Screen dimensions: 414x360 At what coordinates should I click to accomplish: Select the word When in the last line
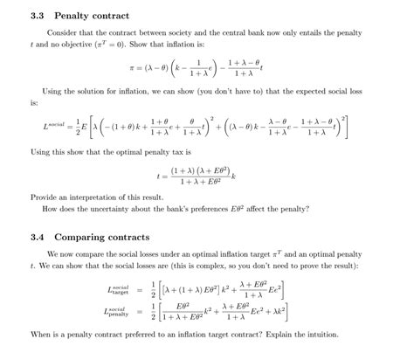click(41, 333)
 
